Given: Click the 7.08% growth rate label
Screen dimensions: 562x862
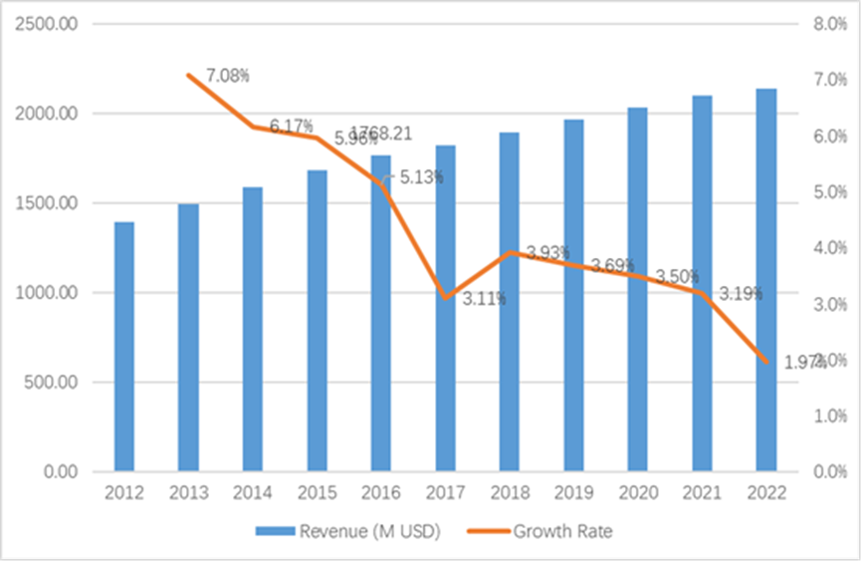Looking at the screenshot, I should coord(228,76).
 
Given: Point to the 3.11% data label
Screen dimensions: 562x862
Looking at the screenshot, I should coord(485,298).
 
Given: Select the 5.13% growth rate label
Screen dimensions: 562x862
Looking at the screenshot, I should coord(421,177).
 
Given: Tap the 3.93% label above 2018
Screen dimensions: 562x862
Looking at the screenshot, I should coord(547,254).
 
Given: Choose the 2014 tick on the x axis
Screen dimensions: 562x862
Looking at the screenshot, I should coord(252,493).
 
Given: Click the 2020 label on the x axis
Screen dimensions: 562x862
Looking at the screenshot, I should coord(637,493).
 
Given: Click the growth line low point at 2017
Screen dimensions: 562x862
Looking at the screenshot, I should coord(445,297).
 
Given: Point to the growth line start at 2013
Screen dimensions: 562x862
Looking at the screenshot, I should coord(188,75).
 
